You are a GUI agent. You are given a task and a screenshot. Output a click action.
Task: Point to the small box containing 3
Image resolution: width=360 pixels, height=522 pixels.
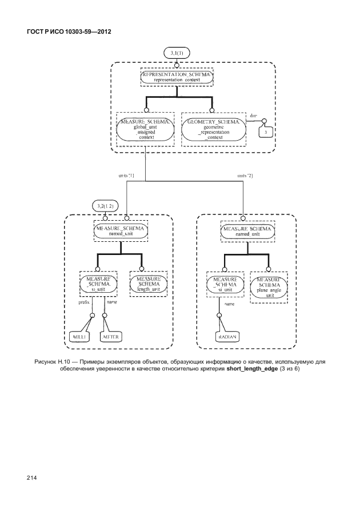tap(265, 132)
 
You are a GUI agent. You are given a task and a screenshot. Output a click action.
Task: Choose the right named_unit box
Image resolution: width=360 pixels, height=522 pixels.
tap(246, 230)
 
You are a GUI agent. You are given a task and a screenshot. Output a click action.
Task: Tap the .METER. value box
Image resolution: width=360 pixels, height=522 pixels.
tap(109, 337)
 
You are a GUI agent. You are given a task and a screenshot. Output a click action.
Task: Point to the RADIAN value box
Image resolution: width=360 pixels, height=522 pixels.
tap(227, 337)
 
